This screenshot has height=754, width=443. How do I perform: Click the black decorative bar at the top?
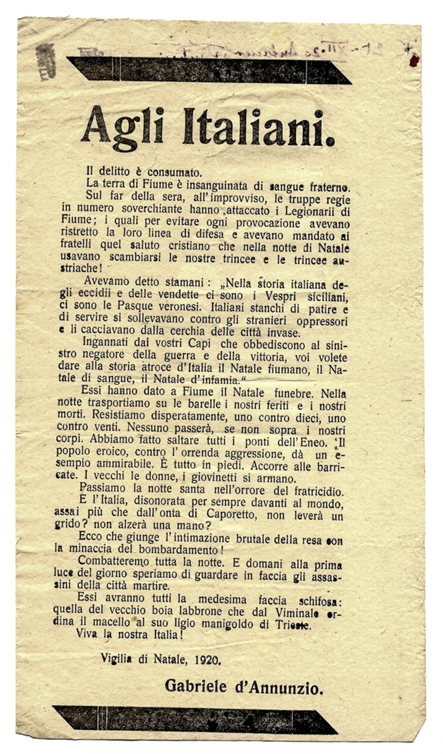click(x=209, y=70)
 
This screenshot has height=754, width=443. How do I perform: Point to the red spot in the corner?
click(x=414, y=60)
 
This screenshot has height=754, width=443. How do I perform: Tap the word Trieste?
click(x=306, y=622)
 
